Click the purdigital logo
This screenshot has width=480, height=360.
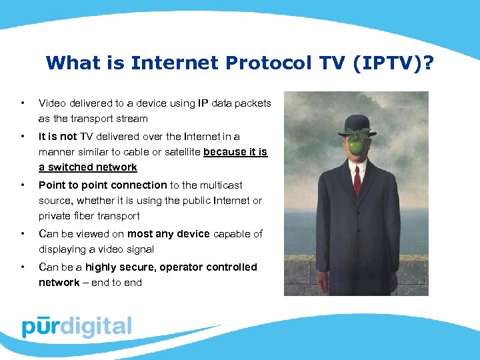77,327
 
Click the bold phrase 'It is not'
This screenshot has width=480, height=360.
57,136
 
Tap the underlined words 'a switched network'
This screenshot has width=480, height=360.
87,167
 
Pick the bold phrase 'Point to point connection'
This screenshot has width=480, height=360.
103,185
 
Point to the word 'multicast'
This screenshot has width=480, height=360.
221,185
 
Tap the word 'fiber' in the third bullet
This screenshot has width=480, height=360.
85,216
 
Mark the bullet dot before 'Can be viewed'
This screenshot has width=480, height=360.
23,233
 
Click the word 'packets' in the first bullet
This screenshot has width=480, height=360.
253,103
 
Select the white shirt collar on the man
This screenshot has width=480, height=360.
357,162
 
